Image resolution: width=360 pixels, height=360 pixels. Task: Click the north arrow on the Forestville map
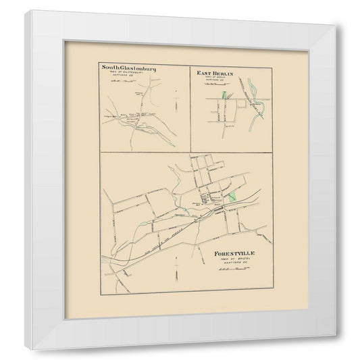[x=175, y=269]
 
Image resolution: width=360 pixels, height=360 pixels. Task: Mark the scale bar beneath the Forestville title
[x=231, y=269]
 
